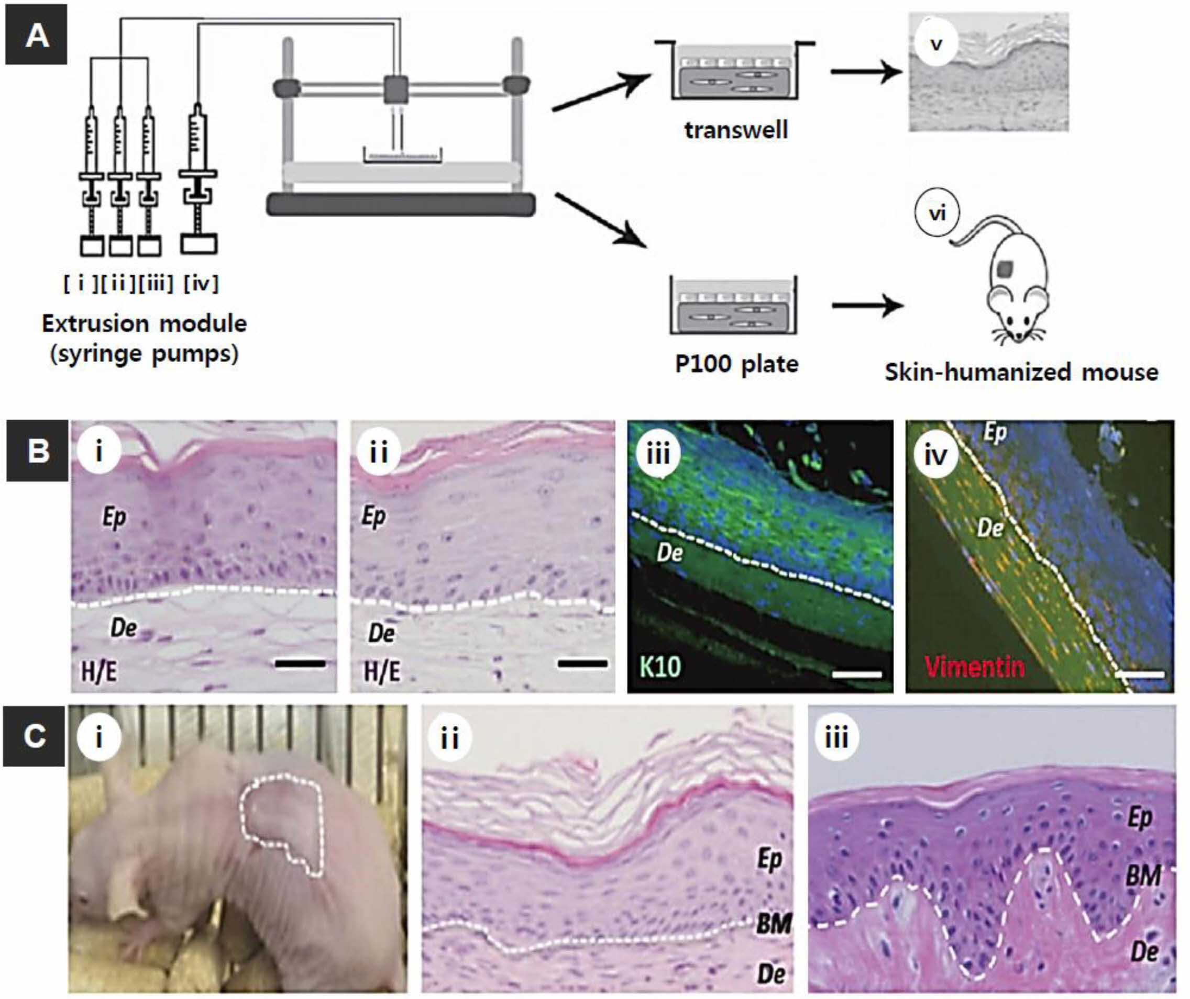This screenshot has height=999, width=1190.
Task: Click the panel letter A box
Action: coord(36,35)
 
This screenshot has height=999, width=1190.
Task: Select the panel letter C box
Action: coord(34,736)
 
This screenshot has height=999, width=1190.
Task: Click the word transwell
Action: coord(735,130)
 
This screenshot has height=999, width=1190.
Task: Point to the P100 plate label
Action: coord(736,364)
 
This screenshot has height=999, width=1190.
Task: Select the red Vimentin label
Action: coord(975,666)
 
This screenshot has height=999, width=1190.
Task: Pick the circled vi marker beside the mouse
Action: coord(936,214)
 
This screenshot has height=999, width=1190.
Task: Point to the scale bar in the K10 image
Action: coord(857,674)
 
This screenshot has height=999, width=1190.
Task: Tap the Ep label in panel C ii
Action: coord(769,859)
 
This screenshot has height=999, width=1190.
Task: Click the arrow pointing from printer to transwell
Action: coord(601,91)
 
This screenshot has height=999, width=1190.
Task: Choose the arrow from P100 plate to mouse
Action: coord(867,306)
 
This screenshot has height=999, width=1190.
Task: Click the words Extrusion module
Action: coord(145,323)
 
